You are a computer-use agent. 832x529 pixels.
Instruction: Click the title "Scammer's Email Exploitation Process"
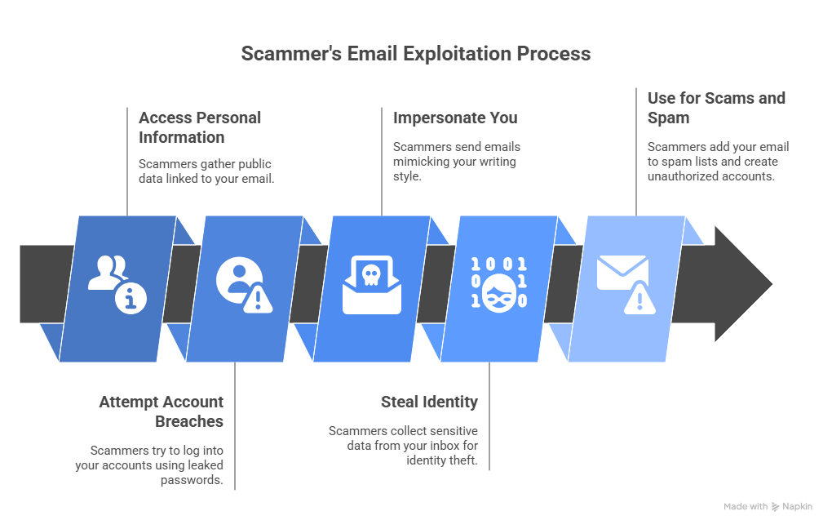click(x=416, y=54)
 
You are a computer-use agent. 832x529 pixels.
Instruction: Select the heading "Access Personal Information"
click(x=200, y=127)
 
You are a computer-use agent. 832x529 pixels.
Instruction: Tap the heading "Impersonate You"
click(x=455, y=118)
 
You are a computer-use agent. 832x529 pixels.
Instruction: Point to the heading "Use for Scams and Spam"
click(x=716, y=108)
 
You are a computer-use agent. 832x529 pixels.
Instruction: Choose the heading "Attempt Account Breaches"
click(x=162, y=411)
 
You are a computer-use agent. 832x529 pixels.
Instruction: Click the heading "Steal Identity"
click(x=429, y=402)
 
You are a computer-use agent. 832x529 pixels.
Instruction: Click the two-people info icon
click(x=117, y=283)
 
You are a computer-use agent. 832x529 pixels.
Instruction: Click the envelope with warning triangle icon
click(x=626, y=283)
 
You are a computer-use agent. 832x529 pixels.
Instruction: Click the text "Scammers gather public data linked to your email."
click(x=206, y=170)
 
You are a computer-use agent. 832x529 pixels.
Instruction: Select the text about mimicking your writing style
click(x=457, y=161)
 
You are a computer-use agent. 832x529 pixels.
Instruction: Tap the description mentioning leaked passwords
click(x=157, y=465)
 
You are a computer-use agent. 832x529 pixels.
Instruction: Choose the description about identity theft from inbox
click(x=403, y=446)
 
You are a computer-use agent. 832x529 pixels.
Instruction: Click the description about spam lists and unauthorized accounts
click(x=718, y=161)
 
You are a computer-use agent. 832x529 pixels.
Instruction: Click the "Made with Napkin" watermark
click(x=768, y=507)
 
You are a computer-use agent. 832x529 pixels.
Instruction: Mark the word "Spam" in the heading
click(x=668, y=118)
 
